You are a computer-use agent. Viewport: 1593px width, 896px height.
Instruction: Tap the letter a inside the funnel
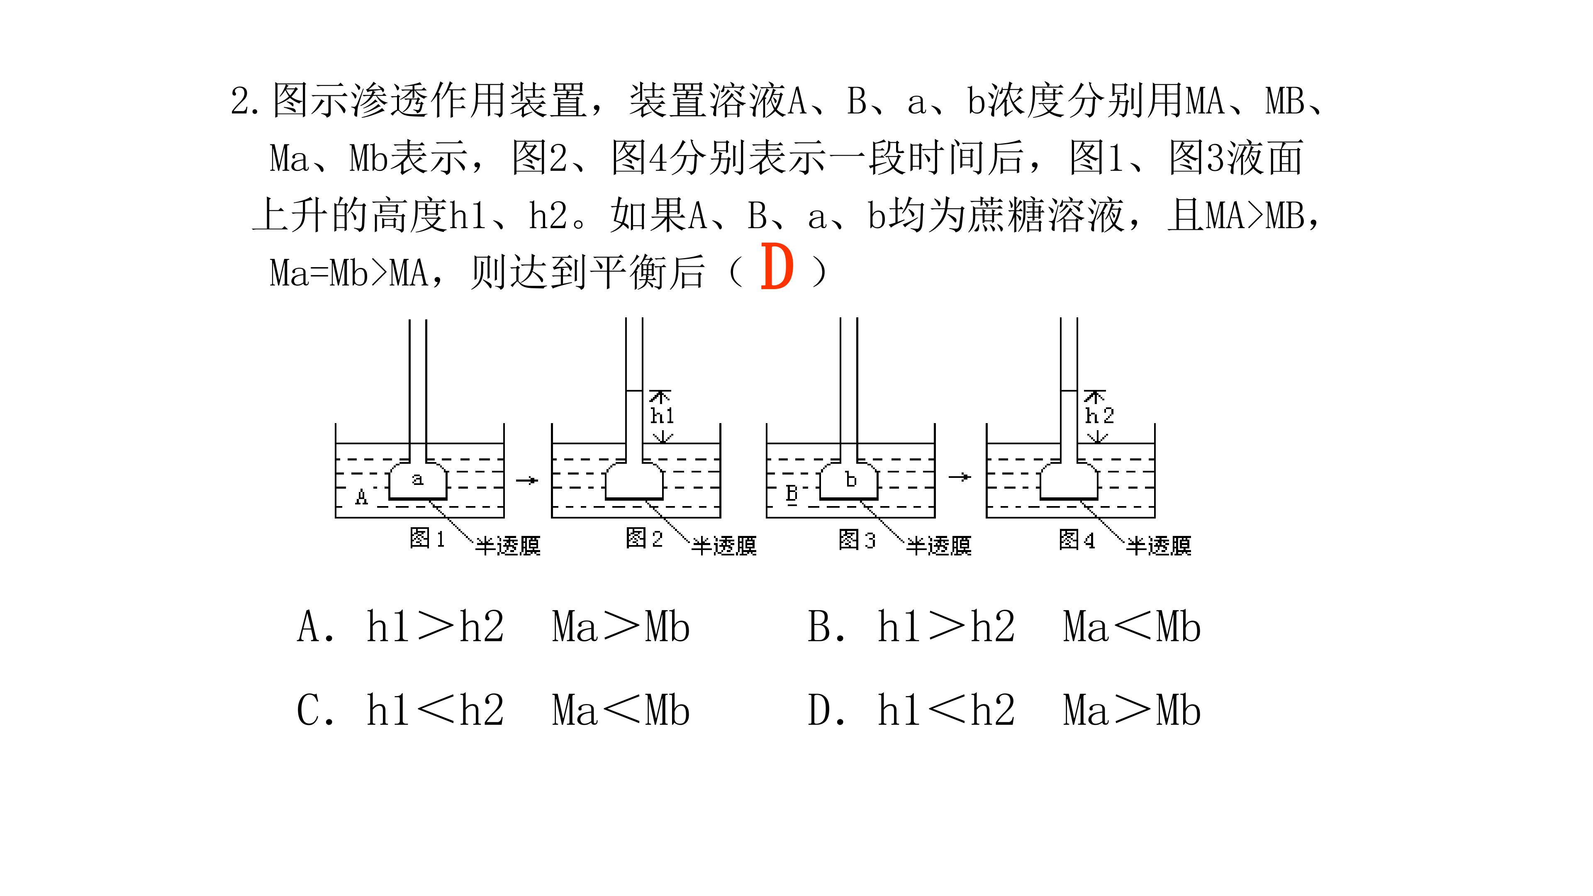[x=418, y=479]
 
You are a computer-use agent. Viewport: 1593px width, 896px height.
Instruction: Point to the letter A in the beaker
[x=362, y=497]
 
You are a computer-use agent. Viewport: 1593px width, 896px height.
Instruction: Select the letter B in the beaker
[x=792, y=494]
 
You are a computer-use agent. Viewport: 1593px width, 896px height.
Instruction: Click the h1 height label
[x=663, y=415]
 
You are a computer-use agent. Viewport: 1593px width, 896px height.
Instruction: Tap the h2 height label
[x=1099, y=415]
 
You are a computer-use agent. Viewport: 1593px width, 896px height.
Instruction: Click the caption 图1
[x=427, y=538]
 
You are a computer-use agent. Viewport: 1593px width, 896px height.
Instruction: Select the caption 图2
[x=644, y=538]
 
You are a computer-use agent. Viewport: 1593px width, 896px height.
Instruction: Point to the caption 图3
[x=857, y=540]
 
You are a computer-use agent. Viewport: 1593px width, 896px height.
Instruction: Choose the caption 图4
[x=1077, y=540]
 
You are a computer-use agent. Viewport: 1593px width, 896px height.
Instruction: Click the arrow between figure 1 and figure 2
[x=527, y=480]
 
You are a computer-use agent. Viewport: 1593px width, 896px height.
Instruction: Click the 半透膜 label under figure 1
[x=508, y=545]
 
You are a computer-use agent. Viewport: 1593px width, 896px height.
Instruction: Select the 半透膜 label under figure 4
[x=1158, y=545]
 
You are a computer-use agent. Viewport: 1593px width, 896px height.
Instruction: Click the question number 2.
[x=241, y=101]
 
